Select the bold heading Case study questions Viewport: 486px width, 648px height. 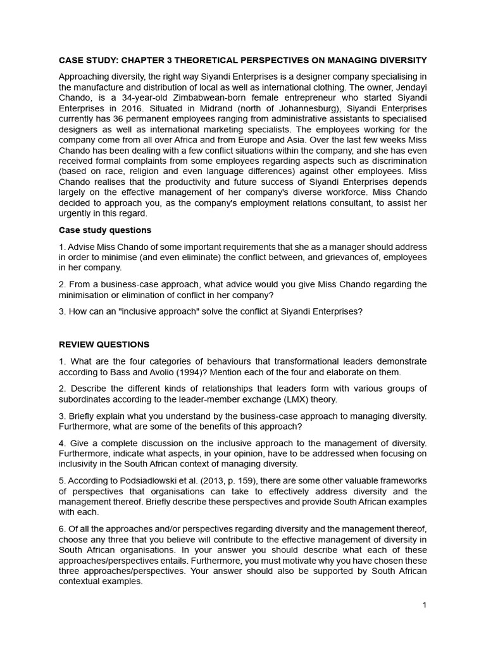[105, 230]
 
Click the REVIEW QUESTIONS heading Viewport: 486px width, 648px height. [104, 345]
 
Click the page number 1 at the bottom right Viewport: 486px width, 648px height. [425, 605]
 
